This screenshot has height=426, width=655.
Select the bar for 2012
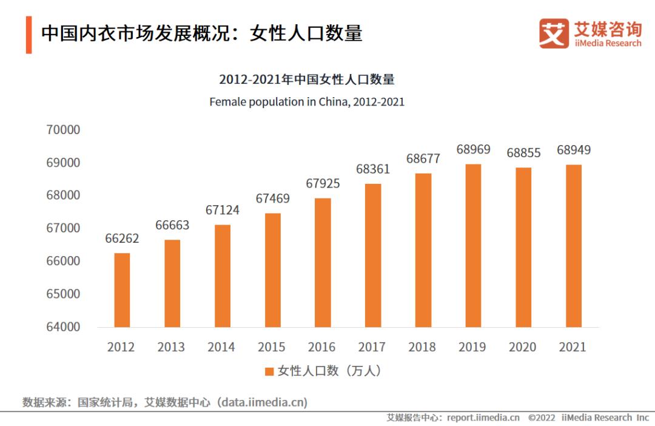point(122,290)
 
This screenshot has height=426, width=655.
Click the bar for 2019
point(473,246)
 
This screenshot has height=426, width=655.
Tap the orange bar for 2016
point(323,262)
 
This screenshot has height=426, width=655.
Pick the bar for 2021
point(573,246)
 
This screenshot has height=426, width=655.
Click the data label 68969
point(473,149)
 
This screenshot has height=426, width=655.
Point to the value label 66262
point(122,238)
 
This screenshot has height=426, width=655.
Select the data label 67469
point(272,198)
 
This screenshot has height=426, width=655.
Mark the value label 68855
point(523,153)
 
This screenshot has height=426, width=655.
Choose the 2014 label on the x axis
point(221,347)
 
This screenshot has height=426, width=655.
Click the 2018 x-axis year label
point(422,347)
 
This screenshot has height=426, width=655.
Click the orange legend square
point(269,371)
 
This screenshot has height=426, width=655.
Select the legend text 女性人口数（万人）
point(330,371)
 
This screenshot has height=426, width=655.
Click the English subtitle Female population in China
point(307,102)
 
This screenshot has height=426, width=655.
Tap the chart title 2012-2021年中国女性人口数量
point(307,79)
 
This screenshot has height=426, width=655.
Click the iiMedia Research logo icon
point(554,34)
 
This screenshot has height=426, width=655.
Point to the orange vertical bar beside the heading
point(29,35)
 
